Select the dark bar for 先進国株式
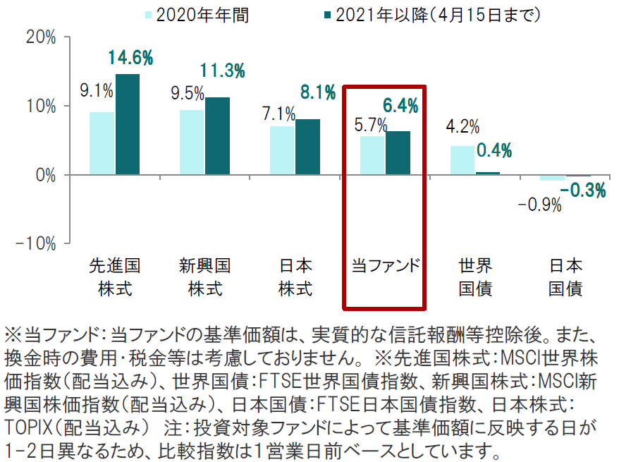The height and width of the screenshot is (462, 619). pos(128,124)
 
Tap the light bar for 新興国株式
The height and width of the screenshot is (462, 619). pos(192,142)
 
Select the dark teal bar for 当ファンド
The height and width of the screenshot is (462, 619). pos(398,153)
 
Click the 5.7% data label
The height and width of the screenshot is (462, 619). pos(370,125)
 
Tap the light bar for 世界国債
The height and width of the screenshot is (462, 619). pos(462,160)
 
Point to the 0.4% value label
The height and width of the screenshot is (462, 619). pos(494,150)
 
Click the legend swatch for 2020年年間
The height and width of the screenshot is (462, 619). pos(149,14)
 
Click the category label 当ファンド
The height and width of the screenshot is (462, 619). pos(386,266)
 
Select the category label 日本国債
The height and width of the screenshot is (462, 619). pos(566,277)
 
